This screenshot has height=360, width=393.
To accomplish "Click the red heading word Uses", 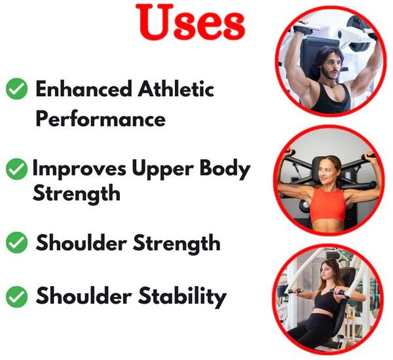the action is click(191, 22).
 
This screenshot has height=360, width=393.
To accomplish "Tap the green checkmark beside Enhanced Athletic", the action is click(16, 88).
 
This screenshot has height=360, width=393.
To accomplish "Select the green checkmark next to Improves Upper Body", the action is click(16, 169).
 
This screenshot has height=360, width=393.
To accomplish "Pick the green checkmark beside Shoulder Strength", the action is click(16, 242).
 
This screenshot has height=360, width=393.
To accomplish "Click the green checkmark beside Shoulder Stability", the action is click(16, 297).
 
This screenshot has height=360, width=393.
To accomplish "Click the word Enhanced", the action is click(84, 88).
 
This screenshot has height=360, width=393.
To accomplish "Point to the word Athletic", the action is click(176, 88).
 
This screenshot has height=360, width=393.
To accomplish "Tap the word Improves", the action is click(79, 169).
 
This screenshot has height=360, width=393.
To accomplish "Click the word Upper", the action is click(162, 169).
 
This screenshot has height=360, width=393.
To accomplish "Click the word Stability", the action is click(182, 297).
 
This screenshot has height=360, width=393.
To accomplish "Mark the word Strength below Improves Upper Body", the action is click(77, 194).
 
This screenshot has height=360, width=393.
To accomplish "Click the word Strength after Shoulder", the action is click(177, 243).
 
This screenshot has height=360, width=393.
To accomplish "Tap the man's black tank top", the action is click(331, 99).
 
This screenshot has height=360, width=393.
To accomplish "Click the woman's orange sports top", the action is click(328, 205).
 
